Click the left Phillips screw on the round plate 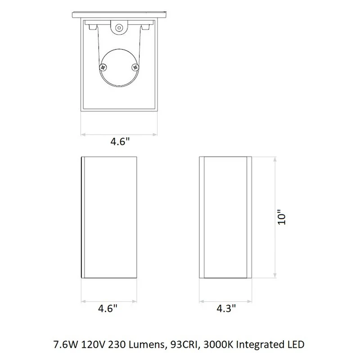pos(103,67)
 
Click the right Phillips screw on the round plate pos(135,67)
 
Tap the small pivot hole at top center pos(119,28)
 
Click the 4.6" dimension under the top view pos(120,141)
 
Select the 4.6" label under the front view pos(108,308)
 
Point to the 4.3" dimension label pos(226,308)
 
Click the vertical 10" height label pos(282,217)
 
